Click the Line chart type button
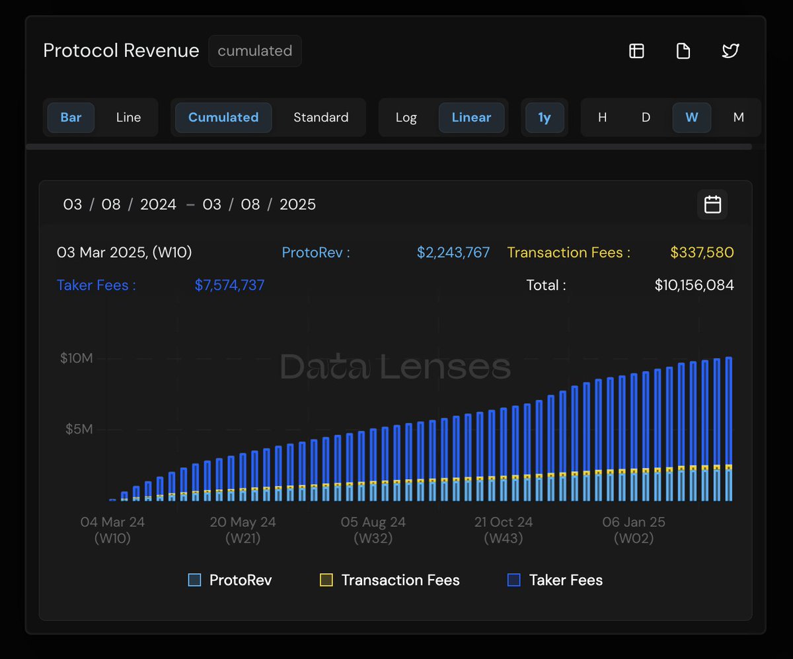coord(128,118)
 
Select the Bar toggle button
coord(71,118)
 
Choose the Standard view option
coord(321,118)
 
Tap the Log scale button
coord(406,118)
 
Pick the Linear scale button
coord(471,118)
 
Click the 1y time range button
coord(544,118)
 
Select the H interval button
coord(602,118)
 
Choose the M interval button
coord(738,118)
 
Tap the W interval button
coord(691,118)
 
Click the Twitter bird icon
coord(730,51)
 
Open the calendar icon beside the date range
coord(712,204)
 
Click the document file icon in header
coord(683,51)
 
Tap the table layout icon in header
coord(636,51)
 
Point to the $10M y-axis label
coord(76,358)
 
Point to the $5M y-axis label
coord(79,430)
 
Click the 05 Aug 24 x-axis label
coord(373,522)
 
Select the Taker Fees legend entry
coord(555,580)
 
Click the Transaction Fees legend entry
coord(390,580)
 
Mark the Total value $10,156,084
coord(694,286)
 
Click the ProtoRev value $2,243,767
coord(453,252)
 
